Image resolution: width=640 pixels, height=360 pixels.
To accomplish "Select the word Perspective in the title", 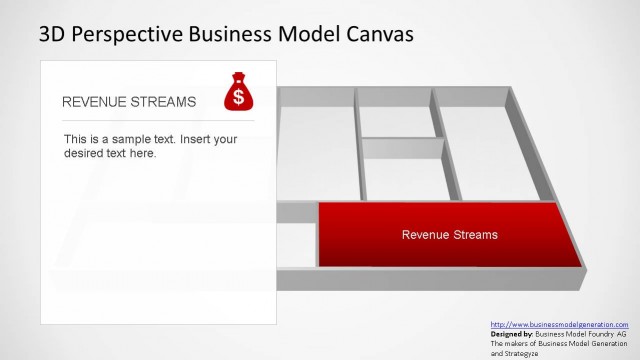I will (x=123, y=35).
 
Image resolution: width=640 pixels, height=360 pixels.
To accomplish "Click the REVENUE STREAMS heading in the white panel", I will (x=129, y=102).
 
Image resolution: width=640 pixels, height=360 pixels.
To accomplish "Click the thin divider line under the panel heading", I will (x=158, y=120).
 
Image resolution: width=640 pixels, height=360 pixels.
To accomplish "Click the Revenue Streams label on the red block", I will (x=449, y=235).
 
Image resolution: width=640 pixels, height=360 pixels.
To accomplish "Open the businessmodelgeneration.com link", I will (x=559, y=325).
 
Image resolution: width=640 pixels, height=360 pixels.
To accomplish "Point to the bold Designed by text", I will (x=512, y=334).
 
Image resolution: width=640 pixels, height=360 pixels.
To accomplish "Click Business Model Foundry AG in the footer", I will (x=581, y=334).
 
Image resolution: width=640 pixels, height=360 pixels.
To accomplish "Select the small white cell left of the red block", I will (x=296, y=245).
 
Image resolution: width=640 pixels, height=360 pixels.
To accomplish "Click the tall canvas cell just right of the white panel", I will (x=315, y=150).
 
